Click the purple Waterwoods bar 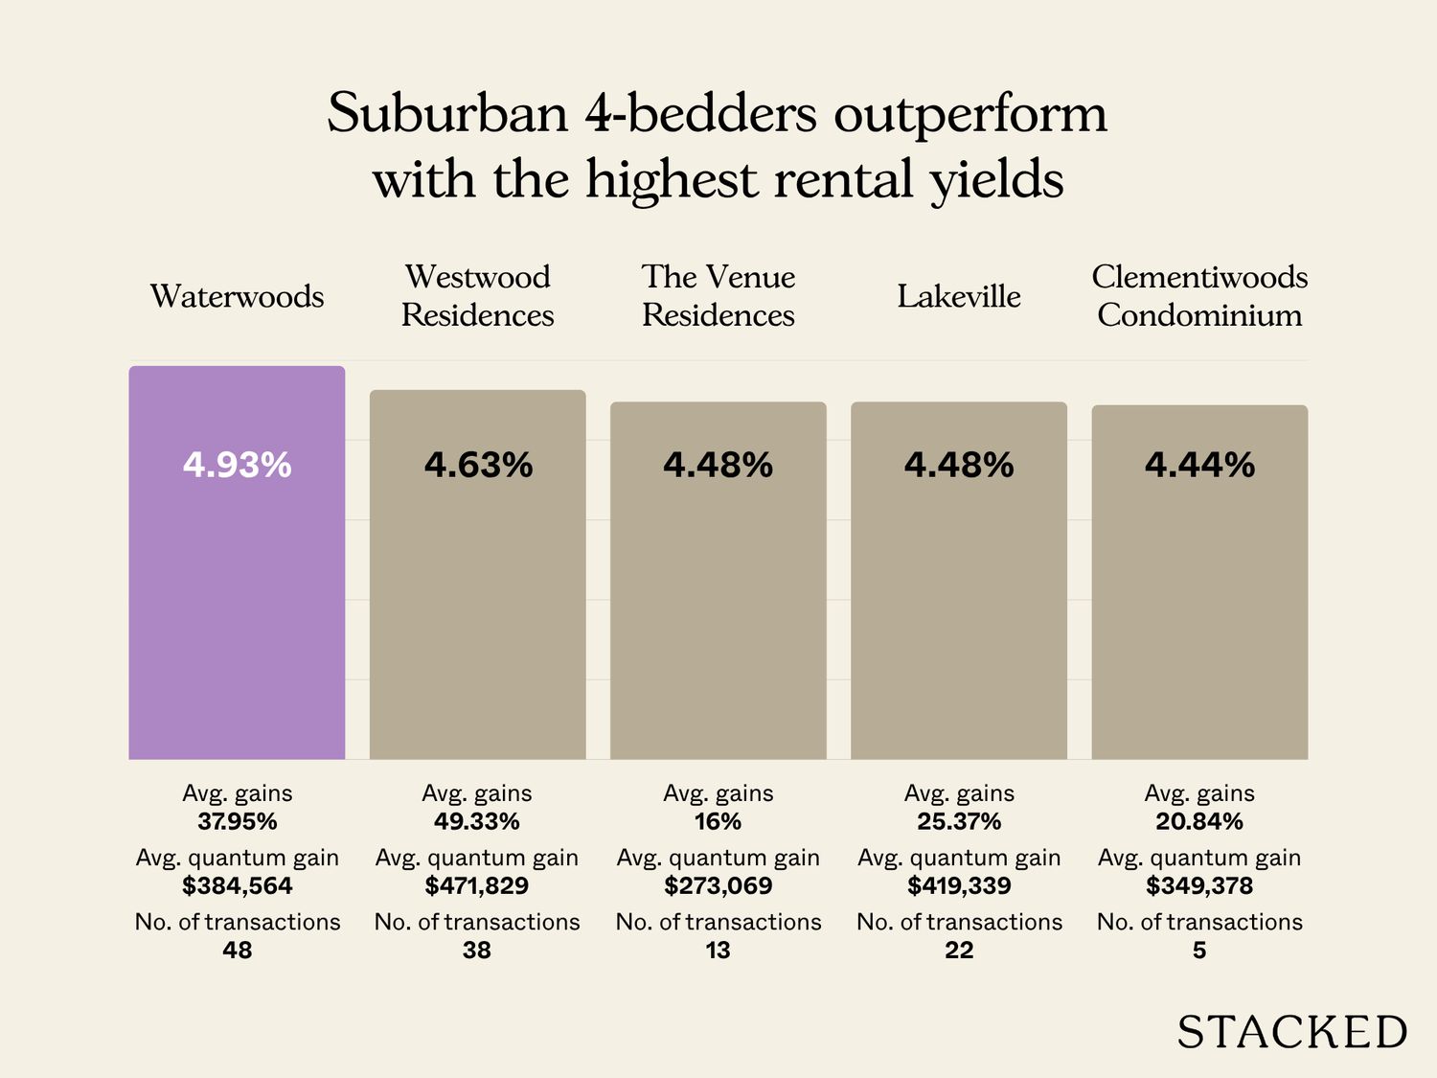[x=237, y=594]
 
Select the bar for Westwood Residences [x=477, y=604]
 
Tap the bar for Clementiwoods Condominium [x=1199, y=613]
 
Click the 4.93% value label [x=237, y=466]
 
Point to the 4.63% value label [x=478, y=466]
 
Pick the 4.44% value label [x=1199, y=466]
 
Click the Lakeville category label [x=958, y=296]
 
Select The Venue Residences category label [x=718, y=295]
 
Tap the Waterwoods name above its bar [x=237, y=296]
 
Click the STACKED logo [x=1291, y=1032]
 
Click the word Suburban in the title [x=447, y=113]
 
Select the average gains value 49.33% [x=477, y=821]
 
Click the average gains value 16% [x=718, y=821]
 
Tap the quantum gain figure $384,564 [x=237, y=885]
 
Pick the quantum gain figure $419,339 [x=959, y=885]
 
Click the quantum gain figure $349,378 [x=1199, y=885]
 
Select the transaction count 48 [x=237, y=950]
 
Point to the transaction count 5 [x=1199, y=950]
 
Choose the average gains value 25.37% [x=959, y=821]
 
